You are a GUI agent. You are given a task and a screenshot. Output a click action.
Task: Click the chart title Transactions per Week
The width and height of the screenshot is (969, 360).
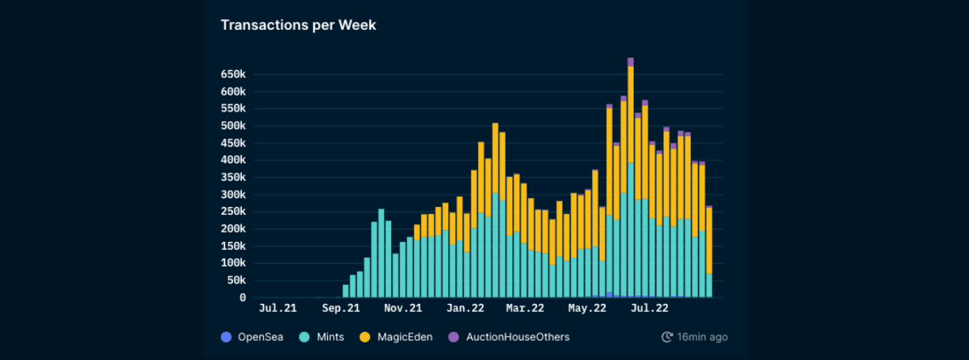point(298,26)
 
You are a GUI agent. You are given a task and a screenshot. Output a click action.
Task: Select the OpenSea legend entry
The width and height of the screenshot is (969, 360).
point(252,337)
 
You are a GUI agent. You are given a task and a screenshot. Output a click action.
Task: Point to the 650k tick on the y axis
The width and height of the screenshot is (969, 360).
point(232,74)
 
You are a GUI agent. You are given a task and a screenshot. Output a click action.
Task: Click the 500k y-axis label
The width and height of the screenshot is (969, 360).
point(232,126)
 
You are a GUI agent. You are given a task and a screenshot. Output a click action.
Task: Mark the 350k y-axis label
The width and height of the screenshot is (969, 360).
point(232,178)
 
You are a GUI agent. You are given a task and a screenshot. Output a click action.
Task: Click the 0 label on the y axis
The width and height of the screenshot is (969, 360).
point(243,298)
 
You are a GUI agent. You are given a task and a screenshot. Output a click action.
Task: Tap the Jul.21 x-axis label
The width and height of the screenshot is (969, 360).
point(278,308)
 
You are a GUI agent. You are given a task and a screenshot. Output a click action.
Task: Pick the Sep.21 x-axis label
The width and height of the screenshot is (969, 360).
point(341,308)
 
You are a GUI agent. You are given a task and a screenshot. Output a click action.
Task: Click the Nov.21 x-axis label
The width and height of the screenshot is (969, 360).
point(404,308)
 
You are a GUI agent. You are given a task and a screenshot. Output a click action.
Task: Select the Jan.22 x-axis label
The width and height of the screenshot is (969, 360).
point(466,308)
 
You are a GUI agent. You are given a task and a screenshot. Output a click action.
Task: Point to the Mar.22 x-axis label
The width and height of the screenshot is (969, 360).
point(525,308)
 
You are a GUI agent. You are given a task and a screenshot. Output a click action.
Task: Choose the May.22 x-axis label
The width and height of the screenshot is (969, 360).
point(587,308)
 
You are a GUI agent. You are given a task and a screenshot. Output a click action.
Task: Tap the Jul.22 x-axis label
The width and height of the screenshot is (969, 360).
point(649,308)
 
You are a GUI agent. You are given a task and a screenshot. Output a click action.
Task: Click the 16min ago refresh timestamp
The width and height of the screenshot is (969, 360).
point(694,337)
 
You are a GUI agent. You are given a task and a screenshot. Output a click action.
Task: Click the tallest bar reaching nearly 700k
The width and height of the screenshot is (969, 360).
point(630,182)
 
